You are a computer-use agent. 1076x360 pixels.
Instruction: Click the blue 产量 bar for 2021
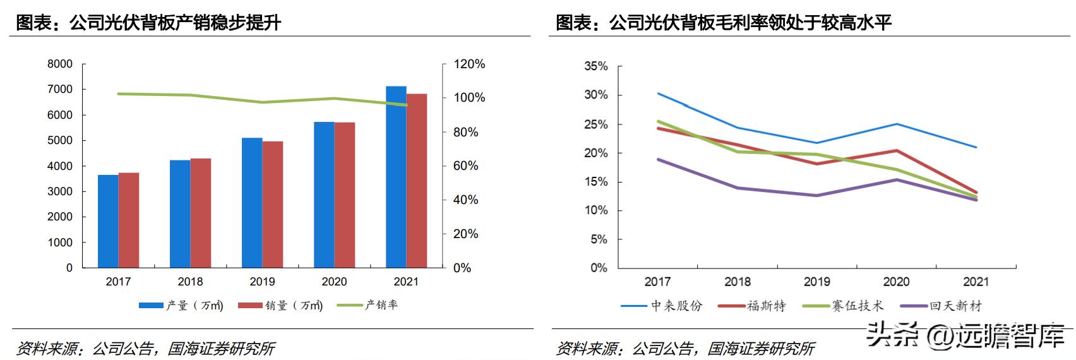tap(396, 177)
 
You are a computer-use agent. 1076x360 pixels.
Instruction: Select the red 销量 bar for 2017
tap(129, 220)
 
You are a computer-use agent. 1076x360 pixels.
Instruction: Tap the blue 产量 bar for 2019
tap(252, 202)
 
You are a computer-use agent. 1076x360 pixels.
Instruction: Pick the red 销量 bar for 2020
tap(345, 195)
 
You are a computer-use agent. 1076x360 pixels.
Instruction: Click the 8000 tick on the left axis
tap(60, 64)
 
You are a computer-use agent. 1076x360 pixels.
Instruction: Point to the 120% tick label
tap(469, 64)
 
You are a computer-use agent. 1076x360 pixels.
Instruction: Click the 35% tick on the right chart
tap(595, 66)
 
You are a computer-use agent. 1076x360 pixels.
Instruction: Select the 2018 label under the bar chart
tap(190, 282)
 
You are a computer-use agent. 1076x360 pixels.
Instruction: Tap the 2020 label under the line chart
tap(896, 282)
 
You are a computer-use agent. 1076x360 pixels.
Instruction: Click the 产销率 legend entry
tap(368, 305)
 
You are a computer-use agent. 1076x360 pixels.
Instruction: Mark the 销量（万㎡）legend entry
tap(281, 306)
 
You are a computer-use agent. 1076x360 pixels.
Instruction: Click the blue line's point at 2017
tap(658, 93)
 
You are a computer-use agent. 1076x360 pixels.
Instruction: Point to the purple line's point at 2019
tap(817, 195)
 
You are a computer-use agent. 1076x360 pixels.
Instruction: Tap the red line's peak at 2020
tap(897, 150)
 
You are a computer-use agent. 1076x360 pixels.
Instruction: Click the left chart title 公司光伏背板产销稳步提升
tap(148, 23)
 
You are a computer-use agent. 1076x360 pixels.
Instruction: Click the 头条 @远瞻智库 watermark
tap(965, 335)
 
